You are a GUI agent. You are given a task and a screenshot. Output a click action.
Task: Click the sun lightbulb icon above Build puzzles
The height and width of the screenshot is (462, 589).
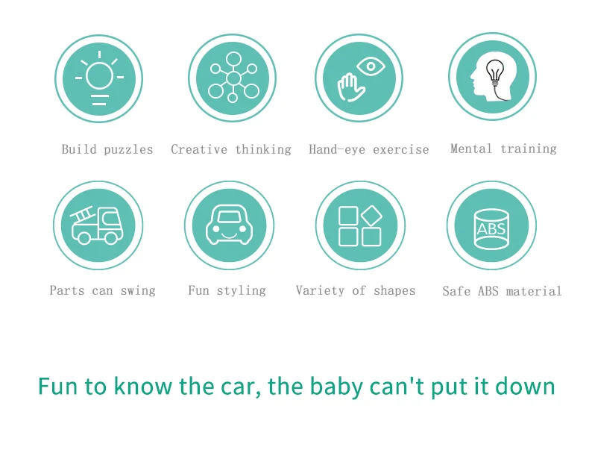point(99,78)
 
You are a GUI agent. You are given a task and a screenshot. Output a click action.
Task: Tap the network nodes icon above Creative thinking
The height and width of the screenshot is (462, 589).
point(233,78)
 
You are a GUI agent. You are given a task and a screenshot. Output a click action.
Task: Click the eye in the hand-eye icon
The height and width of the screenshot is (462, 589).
point(371,66)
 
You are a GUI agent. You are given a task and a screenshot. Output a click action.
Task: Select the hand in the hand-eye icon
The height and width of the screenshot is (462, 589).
point(351,87)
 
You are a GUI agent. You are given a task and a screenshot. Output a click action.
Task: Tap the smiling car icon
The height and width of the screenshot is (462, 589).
point(229,225)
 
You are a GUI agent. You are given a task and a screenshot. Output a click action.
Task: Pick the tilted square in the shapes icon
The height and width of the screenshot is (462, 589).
point(372,216)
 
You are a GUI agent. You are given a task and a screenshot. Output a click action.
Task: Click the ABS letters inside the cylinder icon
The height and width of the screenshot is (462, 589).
point(491,228)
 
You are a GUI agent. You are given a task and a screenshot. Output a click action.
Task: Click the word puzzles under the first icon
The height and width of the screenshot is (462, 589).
point(128,150)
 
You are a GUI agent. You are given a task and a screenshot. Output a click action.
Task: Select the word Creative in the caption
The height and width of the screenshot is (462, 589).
point(199,149)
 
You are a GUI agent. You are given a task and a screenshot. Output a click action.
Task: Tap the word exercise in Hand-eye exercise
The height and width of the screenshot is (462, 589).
point(401,150)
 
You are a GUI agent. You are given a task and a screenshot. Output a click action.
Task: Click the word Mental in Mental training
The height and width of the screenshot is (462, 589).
point(471,149)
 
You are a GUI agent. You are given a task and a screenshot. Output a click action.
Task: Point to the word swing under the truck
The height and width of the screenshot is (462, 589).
point(138,291)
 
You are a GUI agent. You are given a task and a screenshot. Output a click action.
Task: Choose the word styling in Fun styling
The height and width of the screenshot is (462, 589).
point(241,290)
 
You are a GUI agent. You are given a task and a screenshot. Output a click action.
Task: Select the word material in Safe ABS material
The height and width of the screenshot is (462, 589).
point(534,291)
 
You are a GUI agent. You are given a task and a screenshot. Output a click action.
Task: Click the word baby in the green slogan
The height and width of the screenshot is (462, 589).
point(336,387)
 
